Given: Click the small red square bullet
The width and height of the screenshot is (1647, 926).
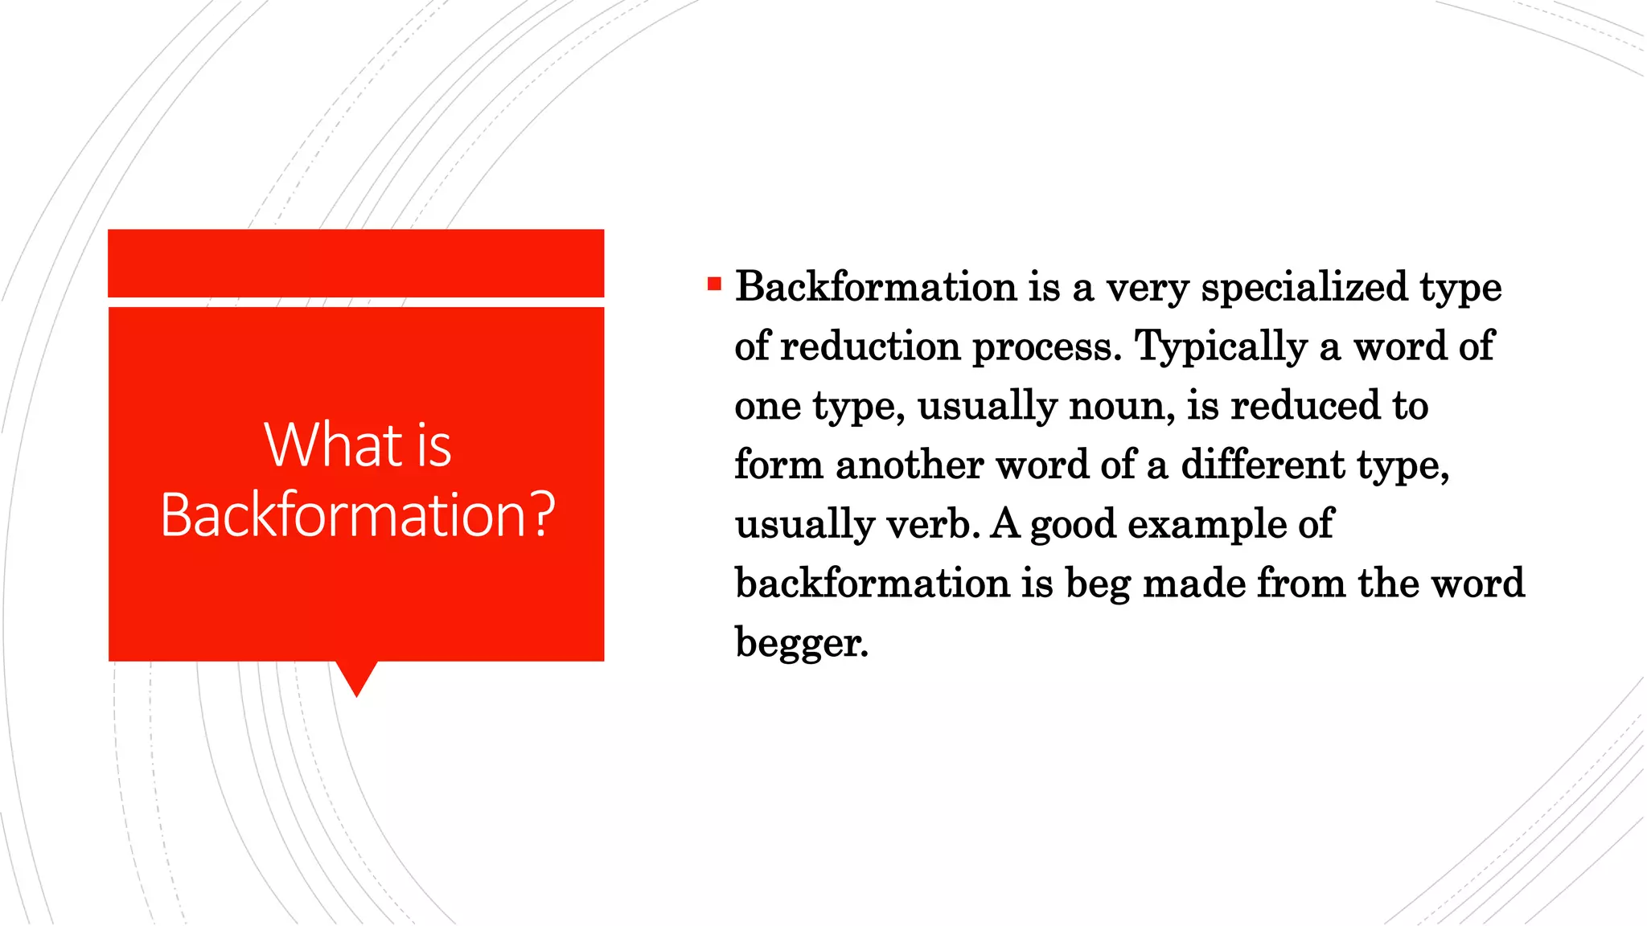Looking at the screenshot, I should coord(714,284).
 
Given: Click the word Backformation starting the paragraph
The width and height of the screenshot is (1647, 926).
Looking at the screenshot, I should coord(876,287).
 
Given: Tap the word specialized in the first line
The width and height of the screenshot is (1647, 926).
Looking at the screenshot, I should coord(1304,287).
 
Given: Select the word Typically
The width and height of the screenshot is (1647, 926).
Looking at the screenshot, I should coord(1221,347).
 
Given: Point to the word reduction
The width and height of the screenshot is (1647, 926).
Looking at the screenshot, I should coord(870,346).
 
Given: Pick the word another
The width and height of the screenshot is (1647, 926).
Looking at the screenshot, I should coord(910,465).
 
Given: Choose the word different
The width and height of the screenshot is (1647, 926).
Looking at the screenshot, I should coord(1263,465).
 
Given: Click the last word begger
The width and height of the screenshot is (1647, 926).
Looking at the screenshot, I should coord(801,644).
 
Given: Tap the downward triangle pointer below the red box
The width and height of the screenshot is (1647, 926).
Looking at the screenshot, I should coord(356,678).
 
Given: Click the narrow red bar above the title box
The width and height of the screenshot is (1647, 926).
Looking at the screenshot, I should coord(355,263).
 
